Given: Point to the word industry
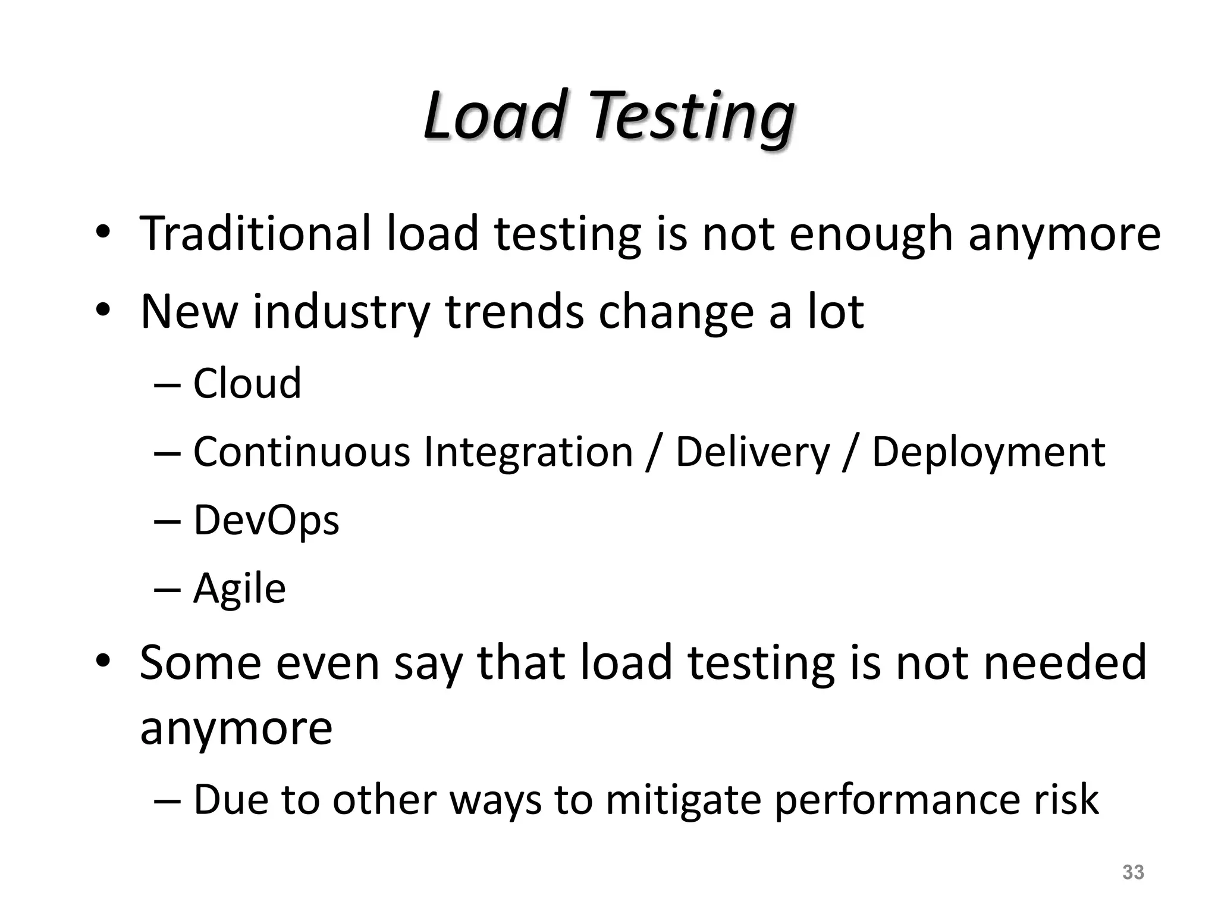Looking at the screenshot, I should coord(341,312).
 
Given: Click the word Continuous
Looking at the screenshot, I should coord(302,452).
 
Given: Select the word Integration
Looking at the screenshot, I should coord(528,453).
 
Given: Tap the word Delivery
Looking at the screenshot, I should coord(752,453).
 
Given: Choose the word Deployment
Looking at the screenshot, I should coord(988,453).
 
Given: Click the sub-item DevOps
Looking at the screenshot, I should coord(266,521).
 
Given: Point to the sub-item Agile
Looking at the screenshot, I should coord(239,590).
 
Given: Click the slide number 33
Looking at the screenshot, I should coord(1132,872).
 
